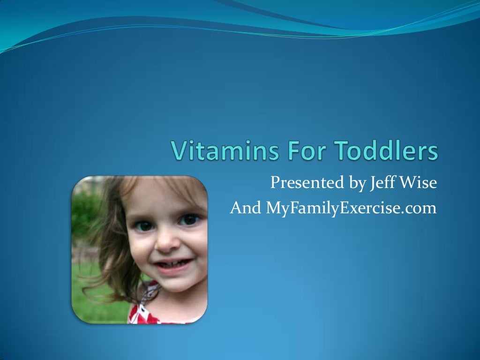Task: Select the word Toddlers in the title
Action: [386, 151]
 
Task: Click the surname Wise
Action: [419, 183]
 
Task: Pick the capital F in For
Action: [291, 151]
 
